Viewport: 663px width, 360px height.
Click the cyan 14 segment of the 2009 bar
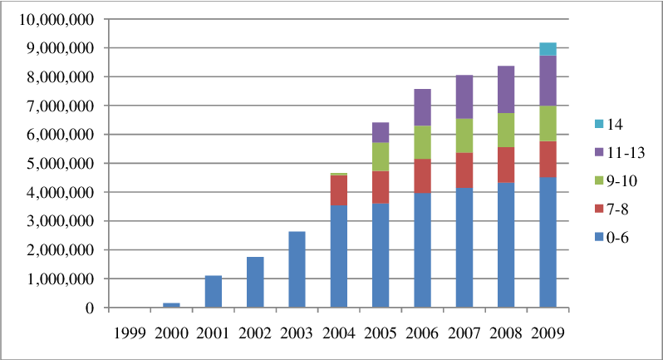coord(547,49)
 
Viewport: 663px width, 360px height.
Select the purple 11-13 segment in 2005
coord(381,132)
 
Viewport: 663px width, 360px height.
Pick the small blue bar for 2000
coord(170,305)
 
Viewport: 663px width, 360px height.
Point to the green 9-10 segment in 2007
coord(464,136)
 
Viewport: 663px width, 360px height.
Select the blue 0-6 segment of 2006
coord(422,249)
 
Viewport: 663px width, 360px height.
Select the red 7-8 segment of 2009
coord(547,160)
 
